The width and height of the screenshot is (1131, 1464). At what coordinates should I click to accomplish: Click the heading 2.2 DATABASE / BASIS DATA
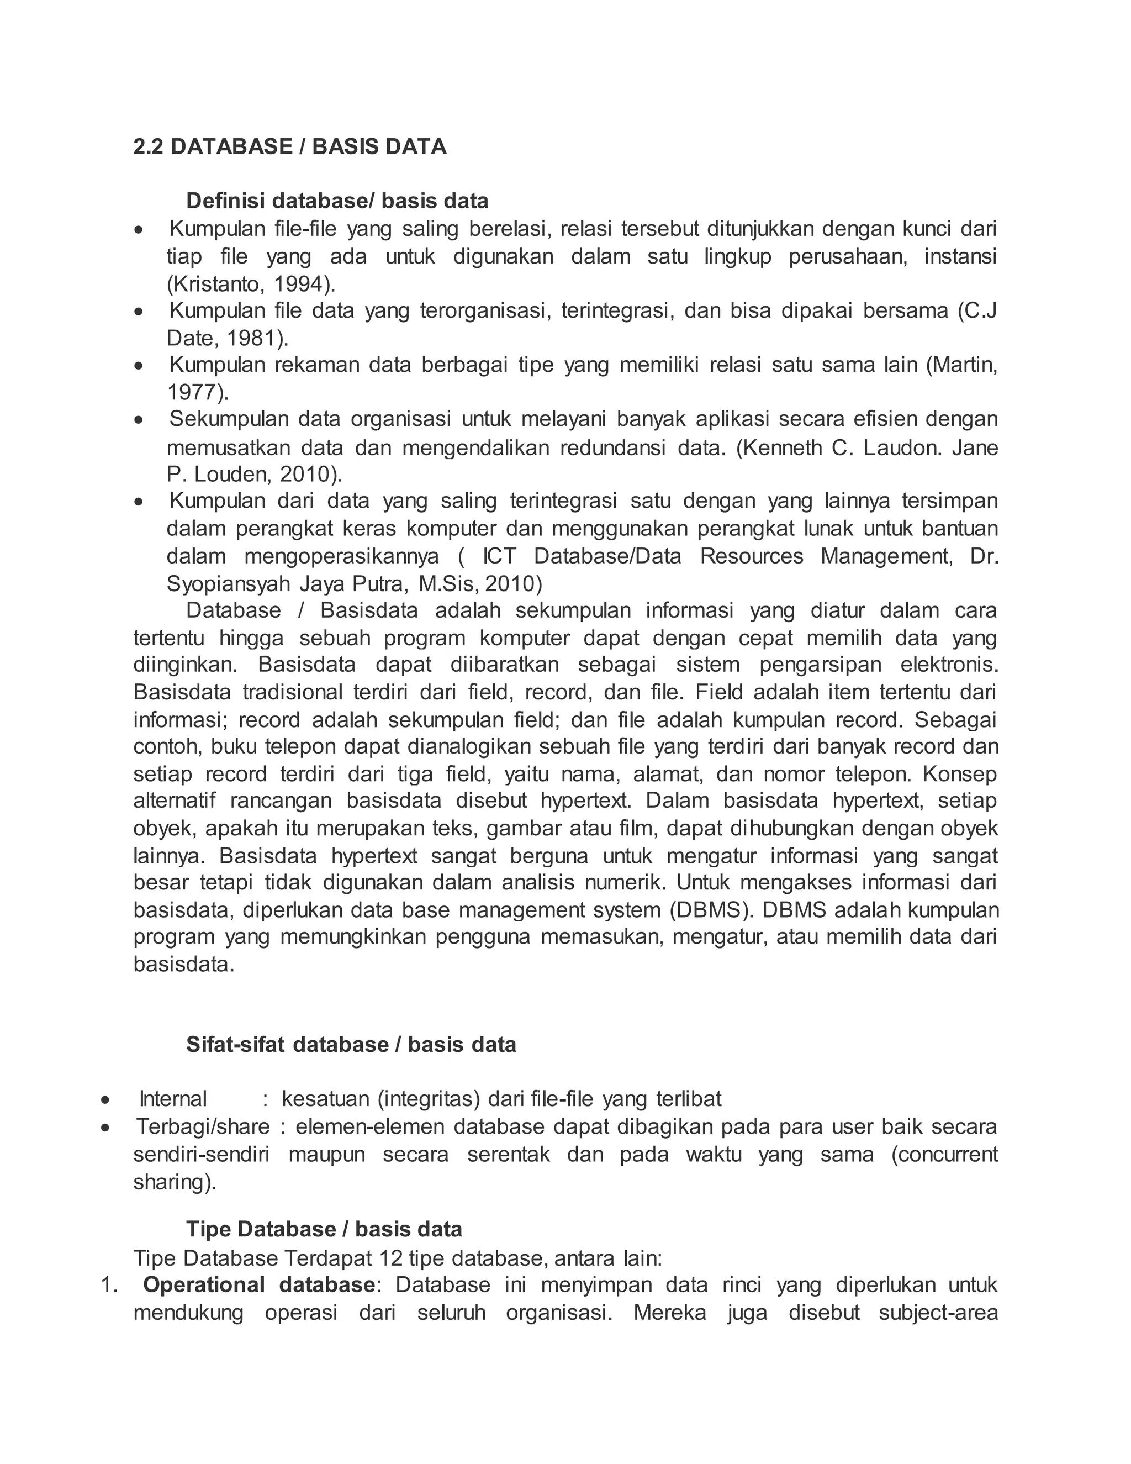pyautogui.click(x=289, y=146)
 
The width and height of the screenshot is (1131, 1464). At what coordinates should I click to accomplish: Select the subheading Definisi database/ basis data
pyautogui.click(x=337, y=201)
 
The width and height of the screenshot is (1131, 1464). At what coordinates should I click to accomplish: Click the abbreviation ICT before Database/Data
pyautogui.click(x=499, y=556)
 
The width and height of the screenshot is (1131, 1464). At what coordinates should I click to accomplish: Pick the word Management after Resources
pyautogui.click(x=886, y=556)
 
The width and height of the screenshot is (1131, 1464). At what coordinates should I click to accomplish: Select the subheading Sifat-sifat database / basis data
pyautogui.click(x=351, y=1044)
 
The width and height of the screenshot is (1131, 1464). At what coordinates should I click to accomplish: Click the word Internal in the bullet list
pyautogui.click(x=173, y=1099)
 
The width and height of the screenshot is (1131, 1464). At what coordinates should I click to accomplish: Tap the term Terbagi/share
pyautogui.click(x=203, y=1126)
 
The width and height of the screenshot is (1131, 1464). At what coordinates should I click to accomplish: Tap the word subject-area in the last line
pyautogui.click(x=938, y=1312)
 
